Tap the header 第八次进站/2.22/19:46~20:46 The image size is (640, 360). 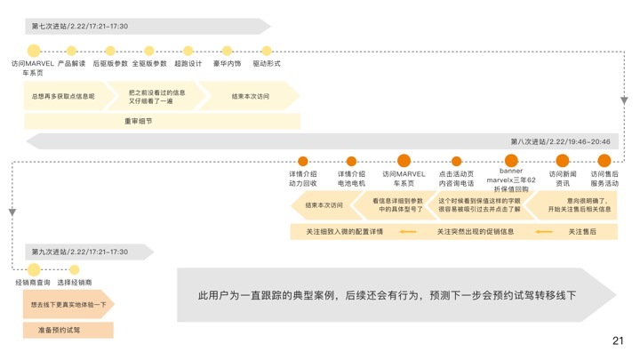(560, 141)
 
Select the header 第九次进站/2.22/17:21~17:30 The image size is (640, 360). (79, 252)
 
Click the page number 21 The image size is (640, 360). (619, 340)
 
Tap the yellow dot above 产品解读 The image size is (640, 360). (71, 51)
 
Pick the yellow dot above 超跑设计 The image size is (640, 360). (188, 51)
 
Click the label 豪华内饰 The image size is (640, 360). (227, 64)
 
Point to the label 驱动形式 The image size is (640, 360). (267, 64)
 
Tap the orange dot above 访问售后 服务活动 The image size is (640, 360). (604, 161)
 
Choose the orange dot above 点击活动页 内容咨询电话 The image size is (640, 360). (457, 162)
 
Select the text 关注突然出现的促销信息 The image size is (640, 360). (475, 231)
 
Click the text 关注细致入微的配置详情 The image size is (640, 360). (344, 231)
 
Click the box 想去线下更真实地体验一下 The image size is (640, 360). (68, 305)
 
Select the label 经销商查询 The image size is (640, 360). (34, 282)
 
